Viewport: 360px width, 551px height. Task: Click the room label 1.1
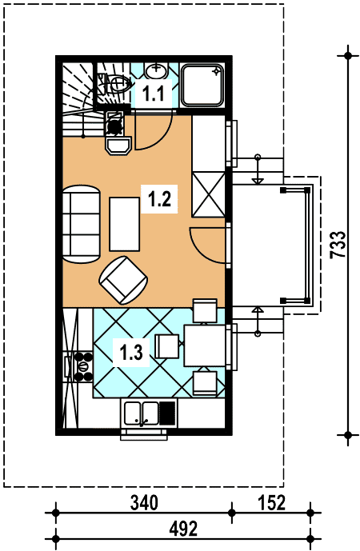pyautogui.click(x=154, y=94)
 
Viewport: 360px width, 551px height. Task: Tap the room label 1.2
pyautogui.click(x=160, y=200)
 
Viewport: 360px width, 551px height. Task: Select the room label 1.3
pyautogui.click(x=131, y=353)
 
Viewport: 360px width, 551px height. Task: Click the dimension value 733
pyautogui.click(x=338, y=245)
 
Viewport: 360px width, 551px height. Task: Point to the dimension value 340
pyautogui.click(x=144, y=502)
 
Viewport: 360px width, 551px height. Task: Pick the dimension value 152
pyautogui.click(x=272, y=502)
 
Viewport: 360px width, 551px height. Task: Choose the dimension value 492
pyautogui.click(x=183, y=529)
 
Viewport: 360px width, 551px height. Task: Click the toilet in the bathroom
pyautogui.click(x=114, y=84)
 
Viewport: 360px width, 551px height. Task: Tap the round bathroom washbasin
pyautogui.click(x=156, y=71)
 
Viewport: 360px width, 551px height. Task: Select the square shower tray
pyautogui.click(x=202, y=85)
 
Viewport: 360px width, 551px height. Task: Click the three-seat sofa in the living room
pyautogui.click(x=82, y=223)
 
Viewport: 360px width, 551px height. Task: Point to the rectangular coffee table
pyautogui.click(x=125, y=224)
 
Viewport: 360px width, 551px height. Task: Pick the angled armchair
pyautogui.click(x=123, y=280)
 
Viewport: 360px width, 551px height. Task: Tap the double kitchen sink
pyautogui.click(x=142, y=412)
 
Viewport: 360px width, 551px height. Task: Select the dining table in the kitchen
pyautogui.click(x=205, y=346)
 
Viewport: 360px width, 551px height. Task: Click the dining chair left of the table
pyautogui.click(x=167, y=346)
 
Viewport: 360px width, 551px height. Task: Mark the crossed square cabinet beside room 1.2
pyautogui.click(x=208, y=194)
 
